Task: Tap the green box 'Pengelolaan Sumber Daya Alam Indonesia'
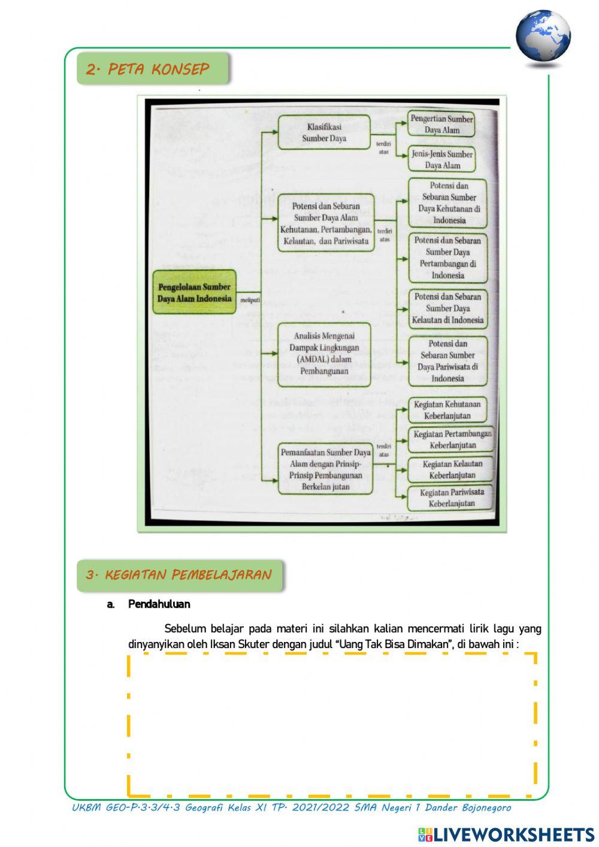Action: click(x=194, y=293)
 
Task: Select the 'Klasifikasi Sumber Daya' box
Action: click(x=324, y=132)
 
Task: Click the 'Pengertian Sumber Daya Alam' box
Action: click(x=442, y=124)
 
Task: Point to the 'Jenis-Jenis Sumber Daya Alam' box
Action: click(x=442, y=159)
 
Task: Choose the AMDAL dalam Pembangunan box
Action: click(x=324, y=354)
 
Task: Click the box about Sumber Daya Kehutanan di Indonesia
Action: click(x=448, y=203)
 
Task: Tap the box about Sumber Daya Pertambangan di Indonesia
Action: click(x=447, y=258)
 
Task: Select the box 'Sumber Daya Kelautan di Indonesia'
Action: click(x=447, y=308)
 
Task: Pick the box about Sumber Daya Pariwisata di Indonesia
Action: click(x=447, y=361)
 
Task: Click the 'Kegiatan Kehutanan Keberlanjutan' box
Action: click(x=447, y=410)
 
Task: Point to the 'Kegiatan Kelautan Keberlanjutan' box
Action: click(x=452, y=469)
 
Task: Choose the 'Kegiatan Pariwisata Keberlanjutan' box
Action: click(x=452, y=498)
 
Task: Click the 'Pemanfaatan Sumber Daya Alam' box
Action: click(x=325, y=469)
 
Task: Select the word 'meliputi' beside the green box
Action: click(x=250, y=300)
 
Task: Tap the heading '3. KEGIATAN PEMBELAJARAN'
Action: click(x=179, y=575)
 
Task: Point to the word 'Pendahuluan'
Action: click(x=159, y=604)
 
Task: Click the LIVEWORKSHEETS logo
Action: click(x=506, y=834)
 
